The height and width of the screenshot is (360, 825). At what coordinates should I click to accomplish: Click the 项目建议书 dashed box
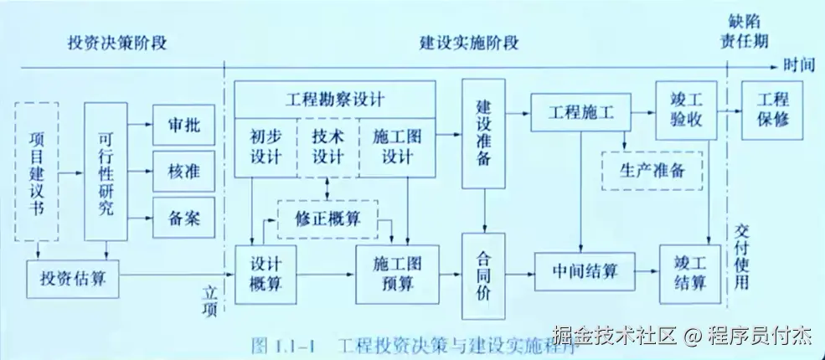pos(37,170)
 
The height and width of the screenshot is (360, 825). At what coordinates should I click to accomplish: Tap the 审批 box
pos(183,126)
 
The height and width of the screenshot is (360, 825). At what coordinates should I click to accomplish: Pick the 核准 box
pos(183,172)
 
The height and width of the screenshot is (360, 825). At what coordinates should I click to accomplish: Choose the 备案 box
pos(183,219)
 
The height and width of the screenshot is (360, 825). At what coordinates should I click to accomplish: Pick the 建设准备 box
pos(484,134)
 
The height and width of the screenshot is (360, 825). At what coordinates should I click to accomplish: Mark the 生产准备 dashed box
pos(652,171)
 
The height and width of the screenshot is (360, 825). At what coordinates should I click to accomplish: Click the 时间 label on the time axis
pos(801,64)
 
